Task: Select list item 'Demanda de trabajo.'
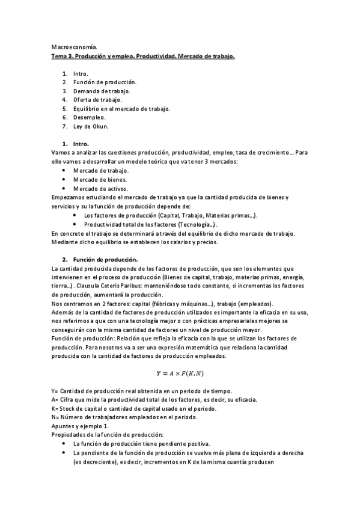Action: (x=102, y=91)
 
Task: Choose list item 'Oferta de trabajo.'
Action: (x=97, y=99)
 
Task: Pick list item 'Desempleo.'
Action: (x=90, y=117)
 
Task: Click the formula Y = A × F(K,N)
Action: (x=180, y=373)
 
